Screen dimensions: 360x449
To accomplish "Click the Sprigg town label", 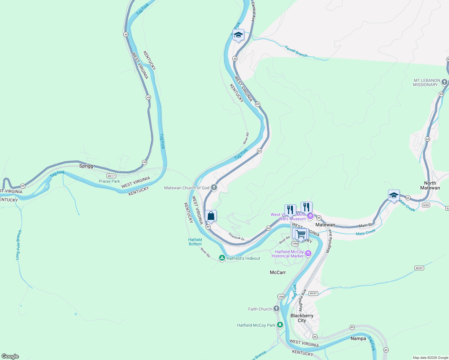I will tap(86, 166).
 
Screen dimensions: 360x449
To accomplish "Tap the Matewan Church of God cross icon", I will tap(214, 187).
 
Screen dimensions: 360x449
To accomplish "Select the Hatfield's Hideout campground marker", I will tap(222, 258).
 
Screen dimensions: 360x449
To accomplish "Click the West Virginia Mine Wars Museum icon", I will tap(310, 216).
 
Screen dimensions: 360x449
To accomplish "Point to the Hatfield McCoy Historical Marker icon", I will tap(308, 254).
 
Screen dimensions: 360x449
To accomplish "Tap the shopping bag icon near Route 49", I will tap(211, 216).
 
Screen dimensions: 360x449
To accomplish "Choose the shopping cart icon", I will tap(300, 234).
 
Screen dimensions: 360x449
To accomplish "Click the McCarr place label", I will tap(278, 272).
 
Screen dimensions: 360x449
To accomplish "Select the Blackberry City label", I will tap(302, 318).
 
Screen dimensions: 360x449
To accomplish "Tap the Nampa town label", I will tap(358, 338).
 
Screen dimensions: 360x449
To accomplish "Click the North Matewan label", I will tap(430, 185).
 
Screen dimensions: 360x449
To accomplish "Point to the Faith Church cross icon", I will tap(276, 309).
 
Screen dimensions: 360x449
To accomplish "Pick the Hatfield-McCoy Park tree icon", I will tap(280, 325).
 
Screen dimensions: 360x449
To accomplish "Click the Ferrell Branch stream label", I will tap(296, 51).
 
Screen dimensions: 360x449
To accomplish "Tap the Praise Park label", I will tap(109, 181).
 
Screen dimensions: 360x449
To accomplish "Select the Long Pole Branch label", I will tap(19, 245).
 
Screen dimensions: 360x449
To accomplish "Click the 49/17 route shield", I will tap(111, 176).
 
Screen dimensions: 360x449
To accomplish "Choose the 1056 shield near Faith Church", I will tap(281, 297).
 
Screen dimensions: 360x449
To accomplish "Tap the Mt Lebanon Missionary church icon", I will tap(444, 82).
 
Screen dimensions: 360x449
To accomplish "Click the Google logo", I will tap(10, 356).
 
